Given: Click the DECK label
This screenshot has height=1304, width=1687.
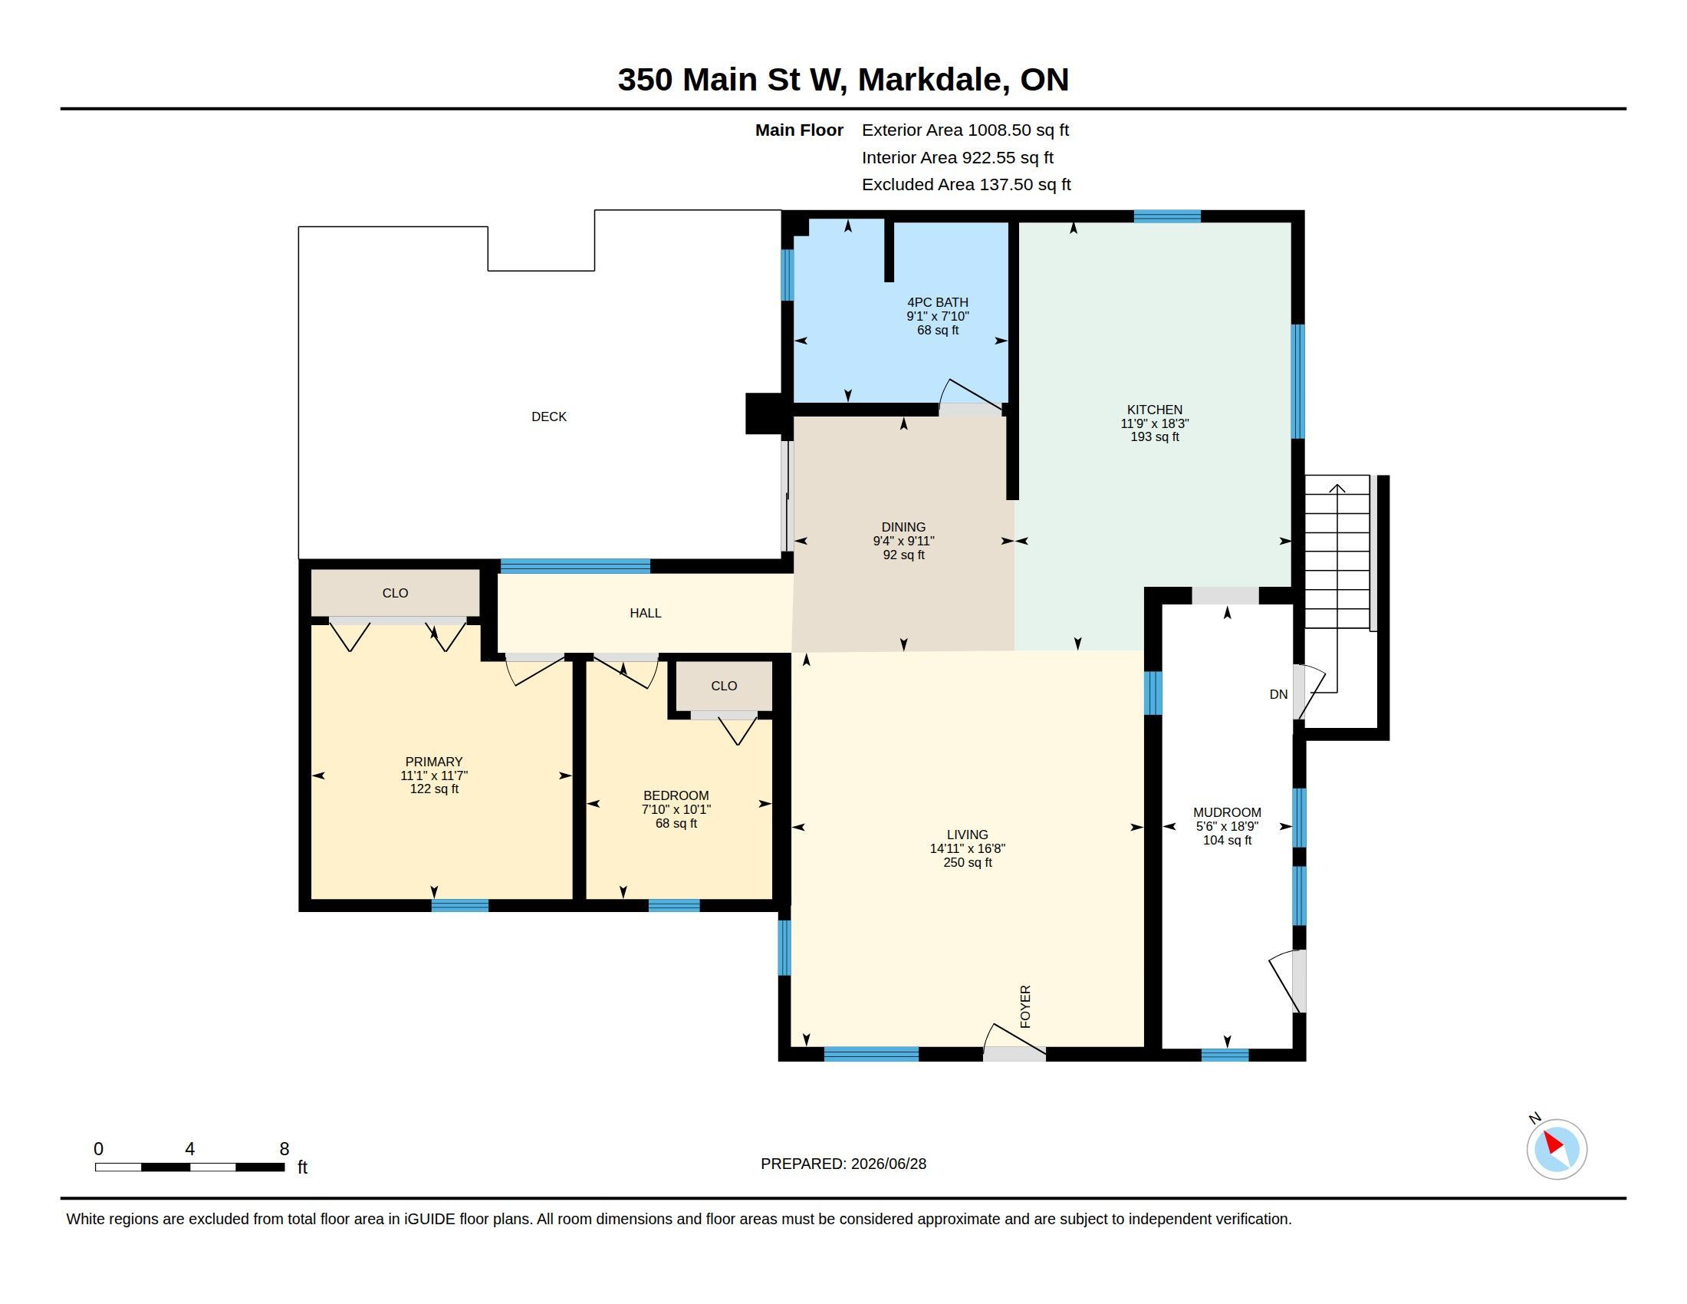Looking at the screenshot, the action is pyautogui.click(x=548, y=417).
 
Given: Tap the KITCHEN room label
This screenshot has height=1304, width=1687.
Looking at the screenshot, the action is pyautogui.click(x=1154, y=410).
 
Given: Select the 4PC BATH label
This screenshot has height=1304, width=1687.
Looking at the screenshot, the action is pyautogui.click(x=937, y=302).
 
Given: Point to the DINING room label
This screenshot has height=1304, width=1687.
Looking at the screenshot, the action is pyautogui.click(x=903, y=527).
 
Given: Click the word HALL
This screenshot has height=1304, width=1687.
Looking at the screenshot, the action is pyautogui.click(x=645, y=613).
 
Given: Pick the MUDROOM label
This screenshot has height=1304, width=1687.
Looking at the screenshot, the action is pyautogui.click(x=1227, y=812).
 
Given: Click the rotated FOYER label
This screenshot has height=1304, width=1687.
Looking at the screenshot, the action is pyautogui.click(x=1025, y=1006).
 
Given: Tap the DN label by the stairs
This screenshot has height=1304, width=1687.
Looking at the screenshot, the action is pyautogui.click(x=1278, y=693).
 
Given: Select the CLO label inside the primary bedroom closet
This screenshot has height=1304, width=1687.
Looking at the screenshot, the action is pyautogui.click(x=395, y=592).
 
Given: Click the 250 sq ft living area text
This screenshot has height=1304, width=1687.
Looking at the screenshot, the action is pyautogui.click(x=967, y=862).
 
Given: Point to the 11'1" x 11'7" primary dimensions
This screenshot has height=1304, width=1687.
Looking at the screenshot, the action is pyautogui.click(x=434, y=775).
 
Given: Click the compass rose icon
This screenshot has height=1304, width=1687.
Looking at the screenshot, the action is pyautogui.click(x=1556, y=1149).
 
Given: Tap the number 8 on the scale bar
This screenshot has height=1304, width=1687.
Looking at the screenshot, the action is pyautogui.click(x=284, y=1148).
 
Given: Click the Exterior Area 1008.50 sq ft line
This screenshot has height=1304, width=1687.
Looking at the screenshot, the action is pyautogui.click(x=965, y=130).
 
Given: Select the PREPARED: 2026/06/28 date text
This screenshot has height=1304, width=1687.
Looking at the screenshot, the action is pyautogui.click(x=843, y=1163).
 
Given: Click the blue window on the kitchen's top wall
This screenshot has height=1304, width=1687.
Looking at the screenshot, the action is pyautogui.click(x=1166, y=216).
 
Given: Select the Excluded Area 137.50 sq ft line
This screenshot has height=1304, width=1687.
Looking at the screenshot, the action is pyautogui.click(x=965, y=185).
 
